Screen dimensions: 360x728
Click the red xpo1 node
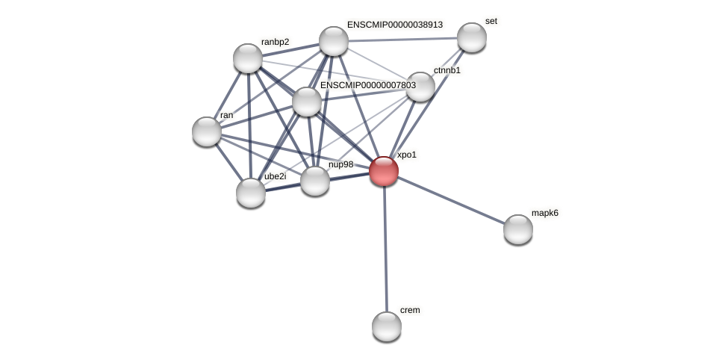pos(384,171)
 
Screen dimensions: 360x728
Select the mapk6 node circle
pos(518,229)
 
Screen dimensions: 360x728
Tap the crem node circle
pos(387,326)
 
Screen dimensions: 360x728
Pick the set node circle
pos(472,37)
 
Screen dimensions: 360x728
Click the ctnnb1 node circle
pos(420,87)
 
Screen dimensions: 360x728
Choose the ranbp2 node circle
pos(248,58)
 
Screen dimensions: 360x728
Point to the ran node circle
pos(207,131)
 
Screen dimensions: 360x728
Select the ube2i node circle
pos(251,193)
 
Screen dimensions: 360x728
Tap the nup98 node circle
pos(315,181)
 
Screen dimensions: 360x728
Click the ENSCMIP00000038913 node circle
pos(334,41)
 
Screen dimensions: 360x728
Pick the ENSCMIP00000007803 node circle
pos(307,102)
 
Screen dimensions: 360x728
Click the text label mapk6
pos(544,213)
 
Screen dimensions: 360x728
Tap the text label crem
pos(410,310)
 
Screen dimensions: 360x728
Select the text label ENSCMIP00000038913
pos(394,25)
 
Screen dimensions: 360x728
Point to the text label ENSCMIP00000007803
pos(367,85)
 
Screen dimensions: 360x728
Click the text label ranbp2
pos(275,41)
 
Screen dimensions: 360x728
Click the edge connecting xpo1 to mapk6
pos(451,200)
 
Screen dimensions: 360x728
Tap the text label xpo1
pos(407,155)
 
